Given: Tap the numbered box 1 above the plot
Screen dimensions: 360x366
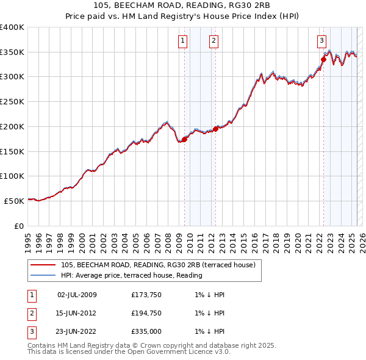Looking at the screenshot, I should (x=183, y=41).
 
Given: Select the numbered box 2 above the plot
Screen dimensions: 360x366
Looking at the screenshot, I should (x=214, y=41).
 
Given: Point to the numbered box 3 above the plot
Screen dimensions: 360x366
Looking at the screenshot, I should (x=321, y=41).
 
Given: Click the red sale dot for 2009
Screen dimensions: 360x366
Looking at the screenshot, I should (x=184, y=139).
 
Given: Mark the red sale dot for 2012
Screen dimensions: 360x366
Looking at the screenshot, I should (x=215, y=129).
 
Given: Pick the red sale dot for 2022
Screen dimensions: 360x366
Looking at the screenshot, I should (x=323, y=59).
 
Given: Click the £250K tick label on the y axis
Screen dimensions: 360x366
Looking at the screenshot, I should (x=12, y=102).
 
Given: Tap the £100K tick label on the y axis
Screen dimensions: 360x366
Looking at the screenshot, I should (x=12, y=176).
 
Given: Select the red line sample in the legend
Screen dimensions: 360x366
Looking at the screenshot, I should (x=42, y=265).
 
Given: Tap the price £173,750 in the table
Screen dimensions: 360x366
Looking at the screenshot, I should (x=146, y=295).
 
